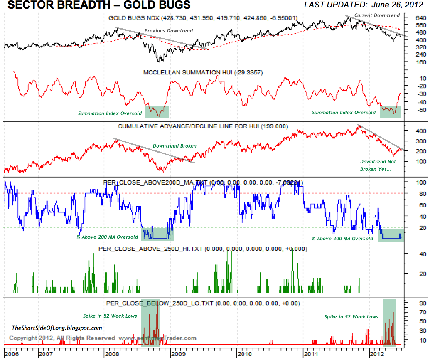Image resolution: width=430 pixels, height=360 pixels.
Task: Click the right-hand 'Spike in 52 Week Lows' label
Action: [351, 317]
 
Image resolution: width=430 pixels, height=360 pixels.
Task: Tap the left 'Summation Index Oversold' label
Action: [110, 113]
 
